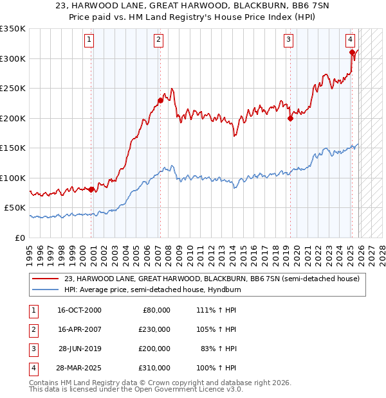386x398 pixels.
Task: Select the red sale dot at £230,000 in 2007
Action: [x=160, y=100]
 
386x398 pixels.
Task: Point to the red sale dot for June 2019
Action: [x=290, y=118]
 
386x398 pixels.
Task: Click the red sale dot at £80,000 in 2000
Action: [x=91, y=189]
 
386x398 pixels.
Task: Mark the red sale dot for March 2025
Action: [x=352, y=53]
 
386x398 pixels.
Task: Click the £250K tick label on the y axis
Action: [x=14, y=88]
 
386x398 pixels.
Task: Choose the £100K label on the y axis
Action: [x=14, y=178]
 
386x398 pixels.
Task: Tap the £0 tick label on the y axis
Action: [x=19, y=238]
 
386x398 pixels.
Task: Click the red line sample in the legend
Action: [x=47, y=279]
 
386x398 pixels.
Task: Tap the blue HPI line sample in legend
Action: [x=47, y=290]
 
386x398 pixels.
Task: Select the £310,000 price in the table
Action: [x=154, y=368]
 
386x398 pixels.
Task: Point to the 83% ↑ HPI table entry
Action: [x=222, y=349]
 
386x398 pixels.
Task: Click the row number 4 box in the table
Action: [x=32, y=368]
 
